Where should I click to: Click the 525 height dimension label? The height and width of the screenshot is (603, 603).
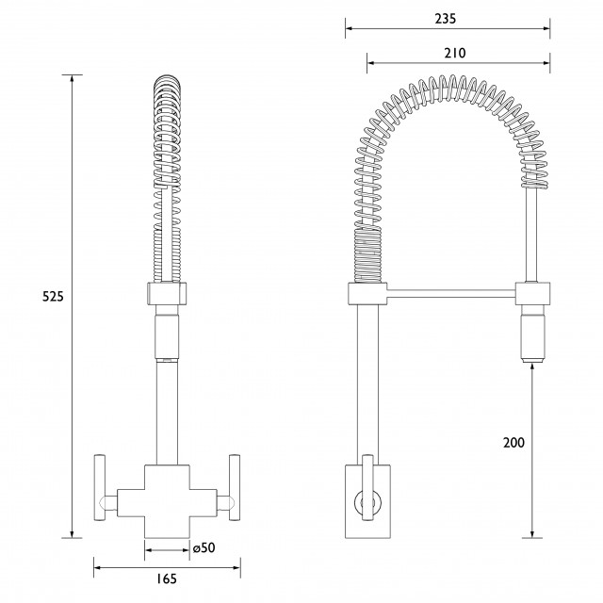[53, 297]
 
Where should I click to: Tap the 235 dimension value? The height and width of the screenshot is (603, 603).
[446, 19]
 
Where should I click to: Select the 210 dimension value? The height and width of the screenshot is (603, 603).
[455, 53]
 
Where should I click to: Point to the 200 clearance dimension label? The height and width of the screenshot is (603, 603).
[513, 443]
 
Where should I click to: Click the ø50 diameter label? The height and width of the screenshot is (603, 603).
[204, 547]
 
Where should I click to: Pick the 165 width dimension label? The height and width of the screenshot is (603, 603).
[167, 579]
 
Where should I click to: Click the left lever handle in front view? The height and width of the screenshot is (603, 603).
[100, 488]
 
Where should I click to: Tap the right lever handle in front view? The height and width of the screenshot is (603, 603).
[235, 488]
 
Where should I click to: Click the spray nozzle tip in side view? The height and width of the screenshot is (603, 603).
[532, 360]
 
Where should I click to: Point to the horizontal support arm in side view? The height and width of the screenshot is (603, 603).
[450, 294]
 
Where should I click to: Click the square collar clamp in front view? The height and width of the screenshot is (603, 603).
[167, 293]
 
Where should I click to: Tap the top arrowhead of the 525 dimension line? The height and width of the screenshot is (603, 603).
[72, 78]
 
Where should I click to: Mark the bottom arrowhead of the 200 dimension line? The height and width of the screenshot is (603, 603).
[532, 534]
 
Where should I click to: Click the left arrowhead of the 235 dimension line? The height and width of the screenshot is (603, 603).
[349, 28]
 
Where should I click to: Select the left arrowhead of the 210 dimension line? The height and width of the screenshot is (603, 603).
[370, 63]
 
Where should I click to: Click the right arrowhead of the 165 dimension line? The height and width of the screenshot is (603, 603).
[236, 567]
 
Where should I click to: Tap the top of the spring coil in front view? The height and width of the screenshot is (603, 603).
[167, 76]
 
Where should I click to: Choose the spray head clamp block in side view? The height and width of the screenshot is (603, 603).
[532, 293]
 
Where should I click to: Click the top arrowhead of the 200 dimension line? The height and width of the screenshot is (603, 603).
[532, 367]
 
